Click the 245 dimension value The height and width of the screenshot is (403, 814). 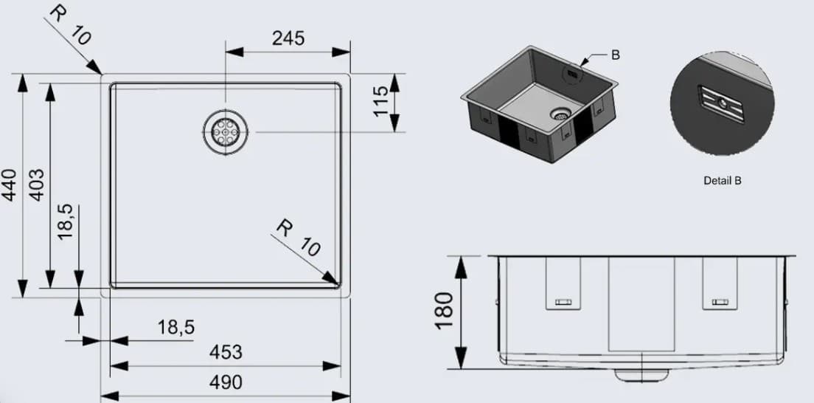pos(288,38)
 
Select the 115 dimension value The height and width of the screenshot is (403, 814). pos(380,101)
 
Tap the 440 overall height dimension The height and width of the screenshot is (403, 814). pos(8,185)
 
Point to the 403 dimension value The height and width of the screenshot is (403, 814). pos(36,185)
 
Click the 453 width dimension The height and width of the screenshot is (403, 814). pos(226,352)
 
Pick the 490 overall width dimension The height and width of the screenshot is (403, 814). pos(226,382)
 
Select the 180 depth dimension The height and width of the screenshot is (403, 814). pos(445,311)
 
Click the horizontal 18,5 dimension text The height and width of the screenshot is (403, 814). pos(175,327)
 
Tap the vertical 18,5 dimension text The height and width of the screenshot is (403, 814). pos(65,221)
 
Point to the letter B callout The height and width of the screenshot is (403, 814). pos(615,55)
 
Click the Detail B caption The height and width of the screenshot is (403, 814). pos(722,180)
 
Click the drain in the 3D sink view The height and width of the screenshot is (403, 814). pos(561,114)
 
